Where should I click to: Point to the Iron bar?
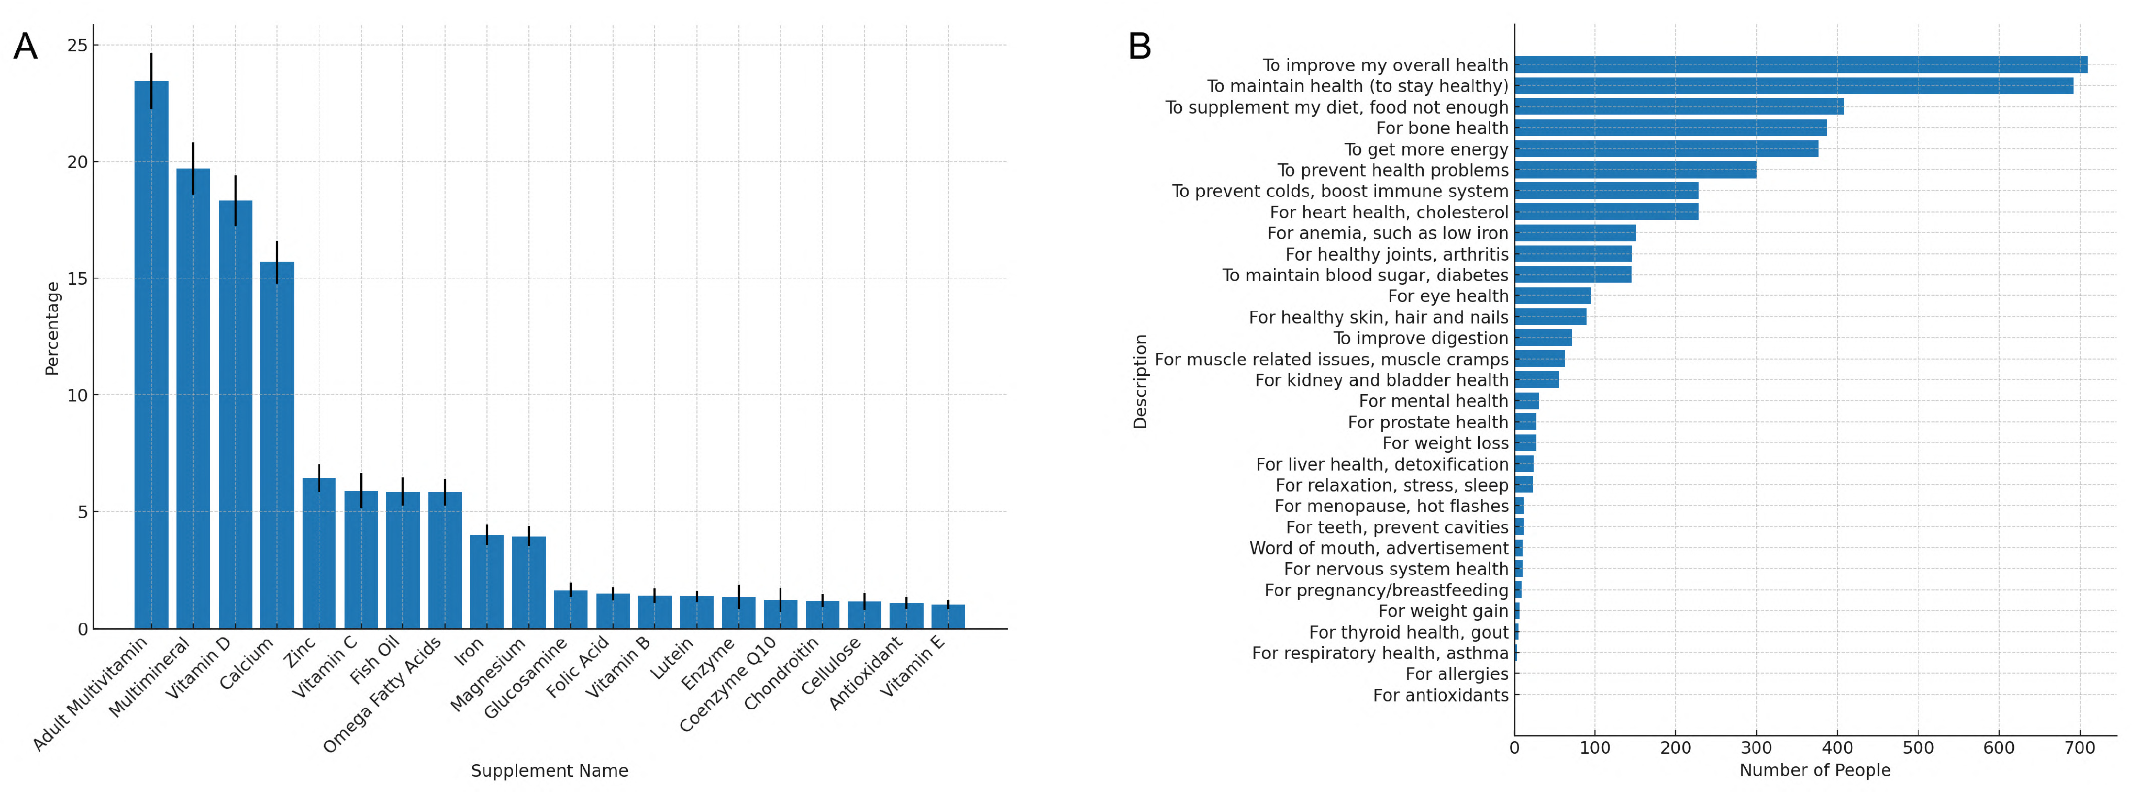click(486, 581)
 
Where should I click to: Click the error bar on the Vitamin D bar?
click(235, 200)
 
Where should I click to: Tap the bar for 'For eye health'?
click(1552, 296)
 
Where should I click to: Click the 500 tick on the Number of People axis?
click(1918, 747)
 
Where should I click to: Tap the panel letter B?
click(1139, 47)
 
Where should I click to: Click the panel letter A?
click(25, 47)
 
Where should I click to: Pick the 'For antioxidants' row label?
click(1440, 696)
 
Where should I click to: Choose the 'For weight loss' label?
click(1445, 443)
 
